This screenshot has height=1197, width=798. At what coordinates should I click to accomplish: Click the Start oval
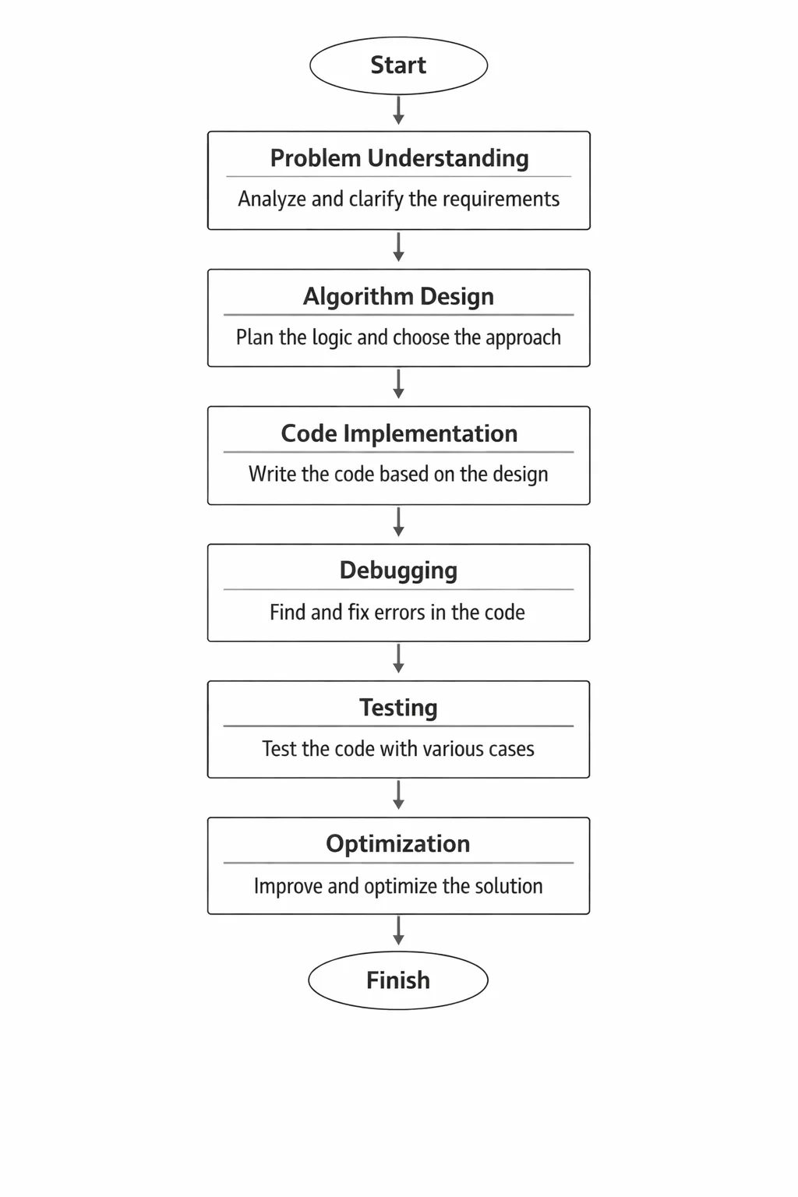pos(398,65)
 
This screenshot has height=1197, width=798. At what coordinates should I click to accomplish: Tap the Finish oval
pos(398,980)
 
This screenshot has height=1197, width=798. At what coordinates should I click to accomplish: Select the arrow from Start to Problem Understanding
pos(398,110)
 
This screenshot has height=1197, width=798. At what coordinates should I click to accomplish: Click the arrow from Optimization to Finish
pos(398,930)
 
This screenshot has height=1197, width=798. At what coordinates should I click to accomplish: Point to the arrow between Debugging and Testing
pos(398,658)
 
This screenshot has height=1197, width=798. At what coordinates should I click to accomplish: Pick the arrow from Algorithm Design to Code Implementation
pos(398,383)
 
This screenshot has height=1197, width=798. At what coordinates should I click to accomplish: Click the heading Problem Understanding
pos(399,158)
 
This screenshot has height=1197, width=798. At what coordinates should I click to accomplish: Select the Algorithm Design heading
pos(398,297)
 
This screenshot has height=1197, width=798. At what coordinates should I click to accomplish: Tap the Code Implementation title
pos(399,433)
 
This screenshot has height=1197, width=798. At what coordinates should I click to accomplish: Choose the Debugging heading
pos(398,571)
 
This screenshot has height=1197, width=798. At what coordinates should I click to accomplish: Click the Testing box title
pos(398,708)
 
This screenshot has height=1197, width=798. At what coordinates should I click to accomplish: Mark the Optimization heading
pos(398,844)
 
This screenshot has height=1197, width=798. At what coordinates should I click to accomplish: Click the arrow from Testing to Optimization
pos(398,795)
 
